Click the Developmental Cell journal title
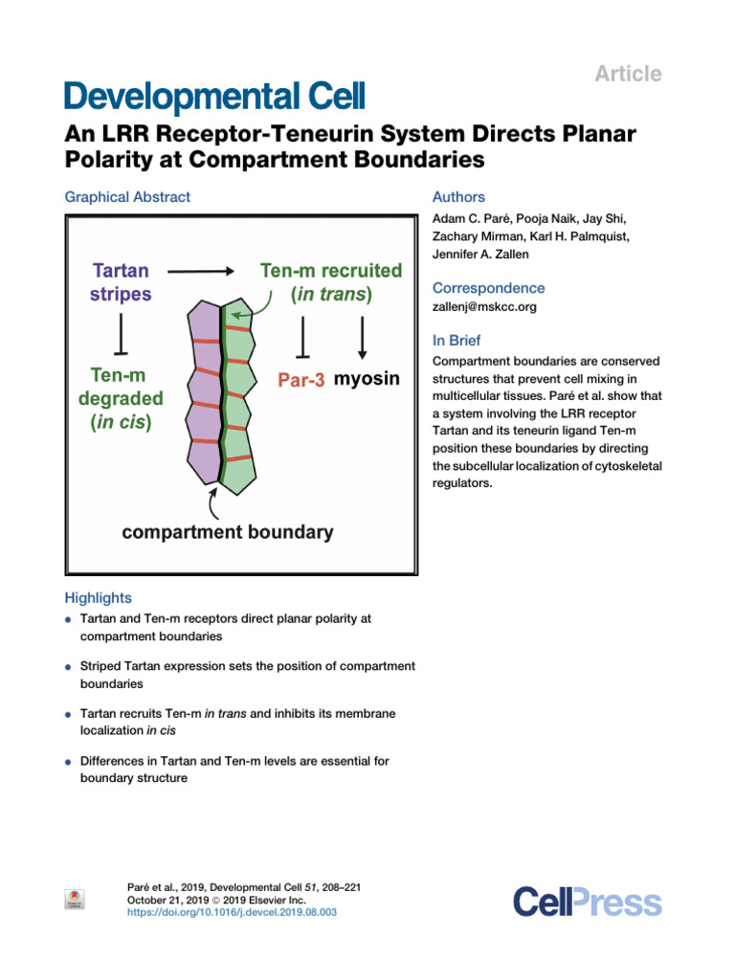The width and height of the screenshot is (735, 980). pyautogui.click(x=214, y=97)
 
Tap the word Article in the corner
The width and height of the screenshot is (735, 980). pyautogui.click(x=629, y=74)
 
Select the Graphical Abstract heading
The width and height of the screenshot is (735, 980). pyautogui.click(x=127, y=197)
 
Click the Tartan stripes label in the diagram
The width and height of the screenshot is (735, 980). pyautogui.click(x=121, y=282)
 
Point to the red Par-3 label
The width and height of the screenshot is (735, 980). pyautogui.click(x=301, y=380)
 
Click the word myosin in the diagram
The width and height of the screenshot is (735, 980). pyautogui.click(x=367, y=379)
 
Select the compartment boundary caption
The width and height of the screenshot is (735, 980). pyautogui.click(x=228, y=533)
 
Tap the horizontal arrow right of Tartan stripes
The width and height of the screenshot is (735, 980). pyautogui.click(x=201, y=271)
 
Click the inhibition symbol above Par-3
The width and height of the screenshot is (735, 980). pyautogui.click(x=303, y=336)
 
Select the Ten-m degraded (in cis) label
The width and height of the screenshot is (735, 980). pyautogui.click(x=121, y=398)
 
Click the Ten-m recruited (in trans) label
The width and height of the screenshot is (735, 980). pyautogui.click(x=331, y=282)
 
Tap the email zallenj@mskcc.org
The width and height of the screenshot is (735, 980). pyautogui.click(x=484, y=307)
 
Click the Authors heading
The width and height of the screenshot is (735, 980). pyautogui.click(x=458, y=197)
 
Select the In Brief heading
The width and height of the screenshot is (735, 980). pyautogui.click(x=457, y=341)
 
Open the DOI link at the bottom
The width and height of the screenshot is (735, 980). pyautogui.click(x=232, y=913)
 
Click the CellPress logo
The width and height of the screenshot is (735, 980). pyautogui.click(x=587, y=902)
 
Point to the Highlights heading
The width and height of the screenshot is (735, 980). pyautogui.click(x=98, y=598)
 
